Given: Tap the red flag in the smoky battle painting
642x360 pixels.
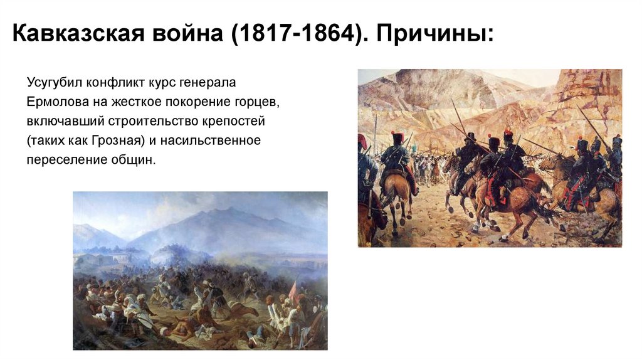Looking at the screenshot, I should pos(292,290).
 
